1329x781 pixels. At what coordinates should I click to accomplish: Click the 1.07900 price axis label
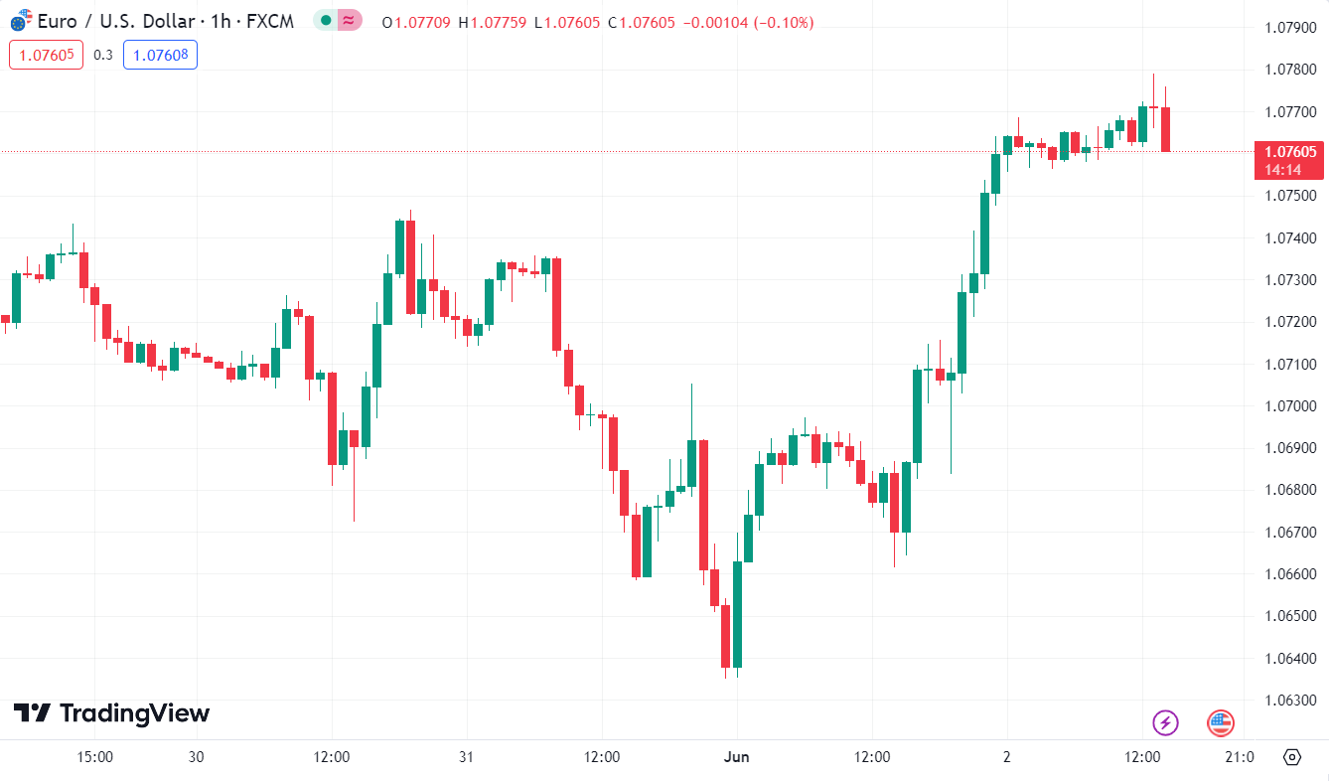pos(1290,28)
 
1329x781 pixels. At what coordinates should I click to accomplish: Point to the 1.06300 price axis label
pos(1290,701)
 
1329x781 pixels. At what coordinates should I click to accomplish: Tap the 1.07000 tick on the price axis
pos(1290,406)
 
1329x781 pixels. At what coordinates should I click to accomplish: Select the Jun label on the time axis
pos(737,757)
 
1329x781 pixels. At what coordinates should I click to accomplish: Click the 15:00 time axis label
pos(95,757)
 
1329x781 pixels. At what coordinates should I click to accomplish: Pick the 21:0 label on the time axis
pos(1239,757)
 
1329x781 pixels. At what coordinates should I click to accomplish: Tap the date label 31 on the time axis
pos(467,757)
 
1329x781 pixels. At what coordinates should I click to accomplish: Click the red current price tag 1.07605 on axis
pos(1290,152)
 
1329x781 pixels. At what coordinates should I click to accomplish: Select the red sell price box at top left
pos(46,55)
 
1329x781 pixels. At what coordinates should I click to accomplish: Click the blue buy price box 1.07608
pos(160,55)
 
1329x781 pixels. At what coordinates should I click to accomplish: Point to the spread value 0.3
pos(103,55)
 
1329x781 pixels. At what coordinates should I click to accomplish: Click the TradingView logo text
pos(111,713)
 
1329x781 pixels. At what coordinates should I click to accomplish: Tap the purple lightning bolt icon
pos(1165,722)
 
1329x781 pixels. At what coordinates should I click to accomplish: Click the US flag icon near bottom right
pos(1221,722)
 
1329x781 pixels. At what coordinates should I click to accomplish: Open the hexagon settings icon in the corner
pos(1291,757)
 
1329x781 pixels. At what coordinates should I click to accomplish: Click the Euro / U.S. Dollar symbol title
pos(111,21)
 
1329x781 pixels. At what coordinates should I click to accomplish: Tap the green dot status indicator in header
pos(326,21)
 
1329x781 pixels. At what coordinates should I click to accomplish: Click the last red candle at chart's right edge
pos(1166,129)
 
